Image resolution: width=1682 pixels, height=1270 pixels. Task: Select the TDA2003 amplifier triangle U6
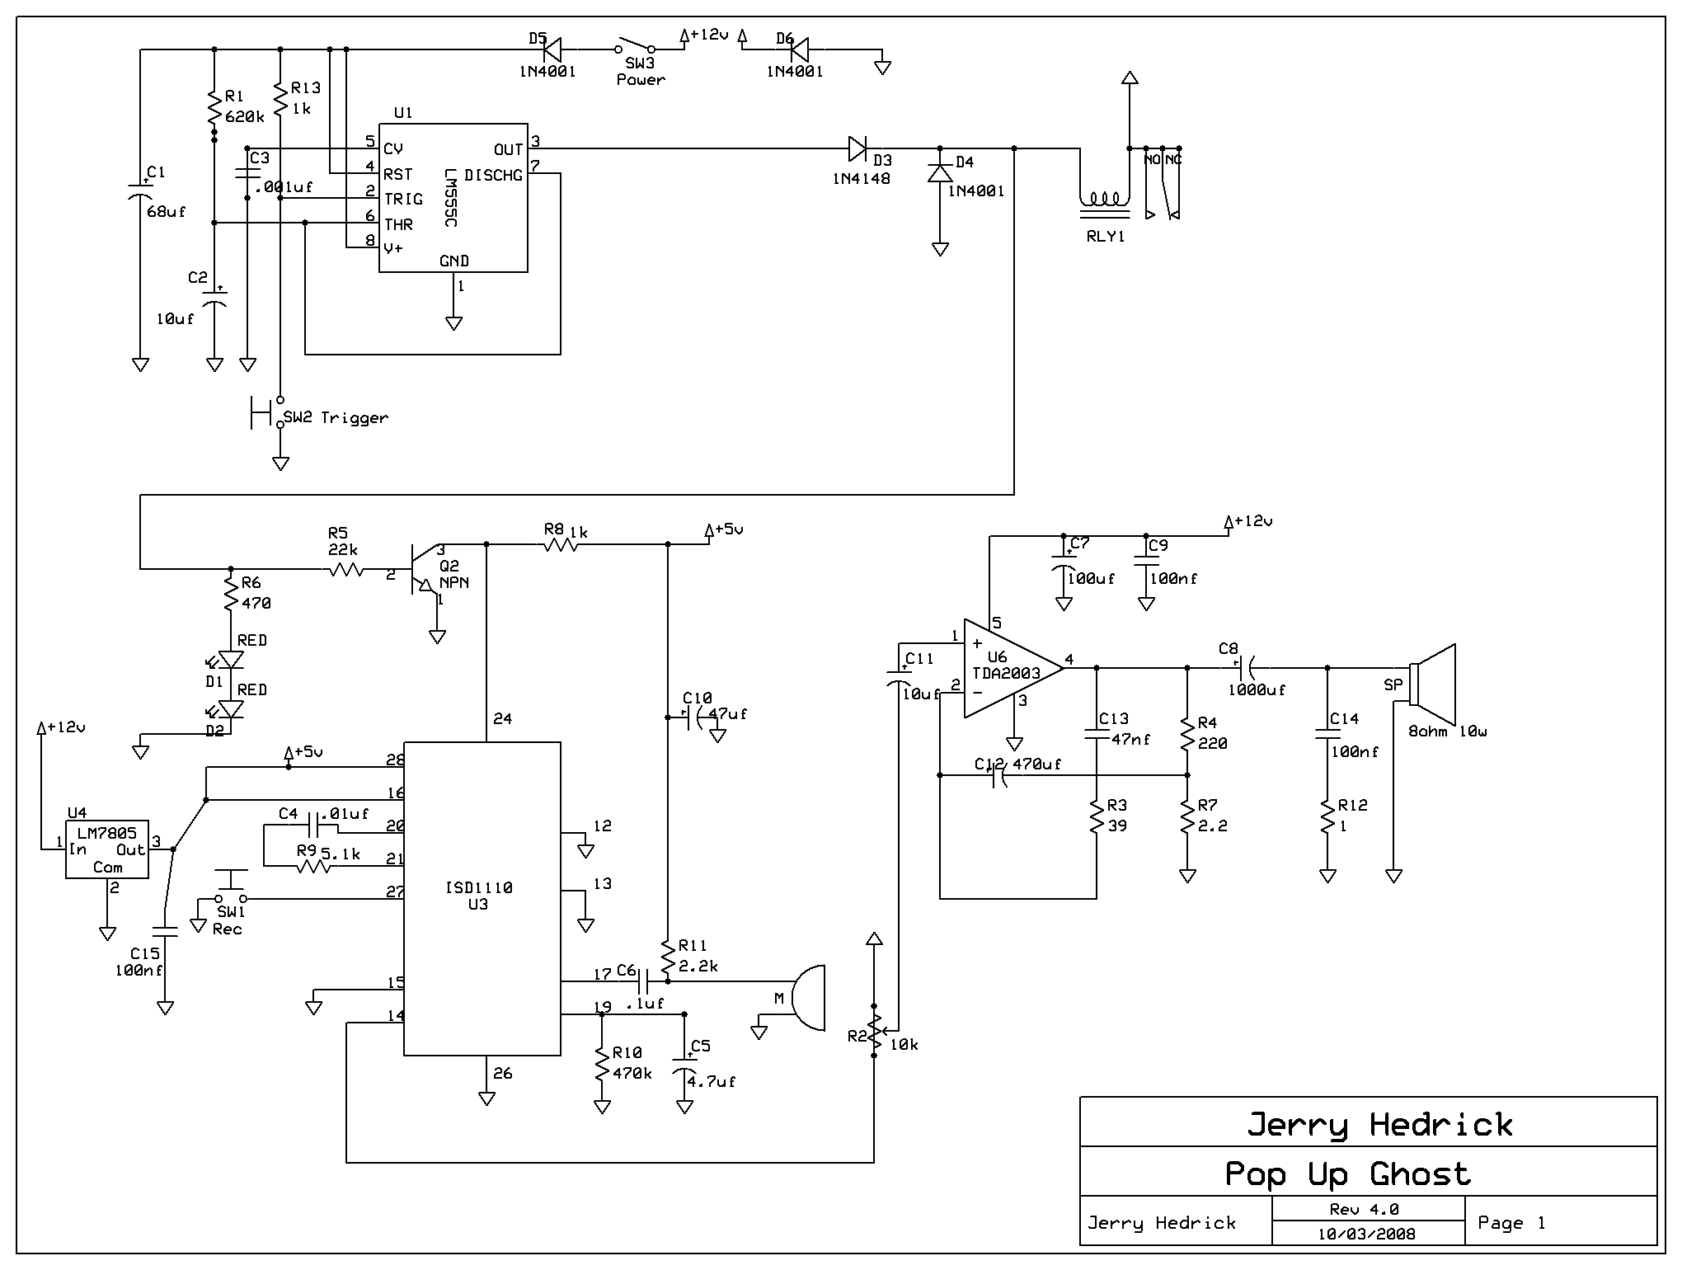click(1013, 668)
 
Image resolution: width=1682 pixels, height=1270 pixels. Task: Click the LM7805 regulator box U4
click(107, 849)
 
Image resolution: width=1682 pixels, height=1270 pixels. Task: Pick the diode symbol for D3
click(857, 149)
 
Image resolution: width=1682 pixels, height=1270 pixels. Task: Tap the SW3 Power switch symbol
click(635, 46)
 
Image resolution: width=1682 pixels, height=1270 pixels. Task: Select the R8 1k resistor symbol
click(561, 545)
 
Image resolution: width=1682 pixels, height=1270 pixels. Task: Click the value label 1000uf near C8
click(1257, 690)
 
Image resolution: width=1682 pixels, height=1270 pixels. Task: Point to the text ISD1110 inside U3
click(478, 887)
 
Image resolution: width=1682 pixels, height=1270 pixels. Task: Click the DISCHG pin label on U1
click(493, 175)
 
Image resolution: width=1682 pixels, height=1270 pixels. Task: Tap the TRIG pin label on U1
click(403, 200)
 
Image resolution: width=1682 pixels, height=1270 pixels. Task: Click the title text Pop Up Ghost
click(1348, 1173)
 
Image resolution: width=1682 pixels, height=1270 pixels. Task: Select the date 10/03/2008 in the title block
click(1366, 1234)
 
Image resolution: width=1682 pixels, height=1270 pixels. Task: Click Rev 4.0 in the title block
click(1364, 1209)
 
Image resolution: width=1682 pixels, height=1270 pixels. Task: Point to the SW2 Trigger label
click(336, 417)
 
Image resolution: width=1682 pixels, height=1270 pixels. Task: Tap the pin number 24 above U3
click(502, 719)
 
